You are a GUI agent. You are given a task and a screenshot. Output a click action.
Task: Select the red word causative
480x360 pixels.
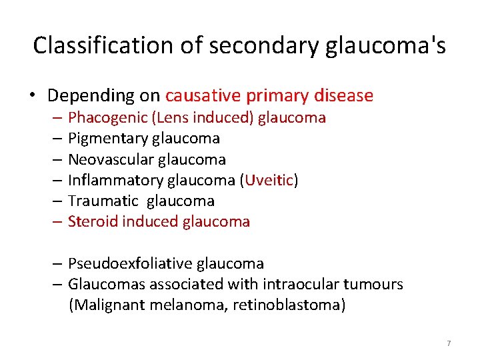[x=203, y=96]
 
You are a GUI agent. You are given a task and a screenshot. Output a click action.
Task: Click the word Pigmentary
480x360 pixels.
[x=107, y=139]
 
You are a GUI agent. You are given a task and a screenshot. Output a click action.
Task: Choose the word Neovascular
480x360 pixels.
[x=110, y=159]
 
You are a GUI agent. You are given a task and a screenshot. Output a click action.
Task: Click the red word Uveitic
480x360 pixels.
[x=270, y=180]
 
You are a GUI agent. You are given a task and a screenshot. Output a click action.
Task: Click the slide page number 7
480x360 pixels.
[x=449, y=343]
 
